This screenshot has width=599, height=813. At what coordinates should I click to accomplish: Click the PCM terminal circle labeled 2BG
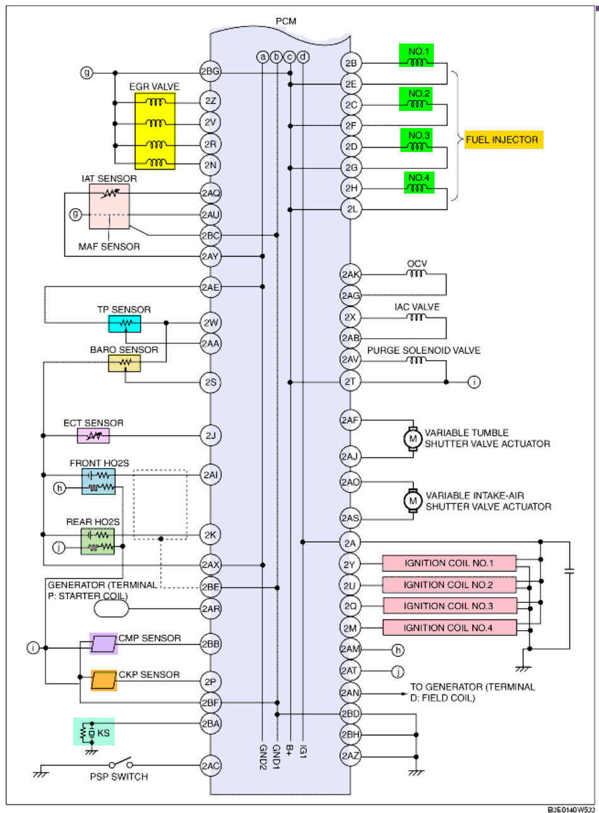[x=210, y=72]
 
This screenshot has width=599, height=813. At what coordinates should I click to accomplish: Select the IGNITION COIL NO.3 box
[x=449, y=606]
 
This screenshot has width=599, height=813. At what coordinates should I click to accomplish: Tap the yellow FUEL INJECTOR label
[x=503, y=139]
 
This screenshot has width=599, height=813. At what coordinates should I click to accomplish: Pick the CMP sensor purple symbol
[x=103, y=644]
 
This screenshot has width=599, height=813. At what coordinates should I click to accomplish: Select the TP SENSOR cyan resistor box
[x=124, y=324]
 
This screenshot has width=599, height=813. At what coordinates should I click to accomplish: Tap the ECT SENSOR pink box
[x=93, y=435]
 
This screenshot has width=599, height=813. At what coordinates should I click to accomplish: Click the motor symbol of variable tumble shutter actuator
[x=413, y=438]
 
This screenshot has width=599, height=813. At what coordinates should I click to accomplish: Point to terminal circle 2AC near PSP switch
[x=211, y=766]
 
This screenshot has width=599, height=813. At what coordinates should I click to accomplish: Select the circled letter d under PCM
[x=303, y=57]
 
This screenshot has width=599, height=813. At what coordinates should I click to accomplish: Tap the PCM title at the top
[x=286, y=21]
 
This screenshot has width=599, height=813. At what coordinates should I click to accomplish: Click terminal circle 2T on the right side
[x=351, y=381]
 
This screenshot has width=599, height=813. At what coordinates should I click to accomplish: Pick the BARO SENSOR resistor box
[x=124, y=363]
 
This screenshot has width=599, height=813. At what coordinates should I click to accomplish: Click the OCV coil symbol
[x=416, y=274]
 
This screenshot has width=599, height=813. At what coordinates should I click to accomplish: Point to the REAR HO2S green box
[x=98, y=541]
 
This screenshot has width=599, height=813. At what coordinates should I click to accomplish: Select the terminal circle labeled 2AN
[x=351, y=692]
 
